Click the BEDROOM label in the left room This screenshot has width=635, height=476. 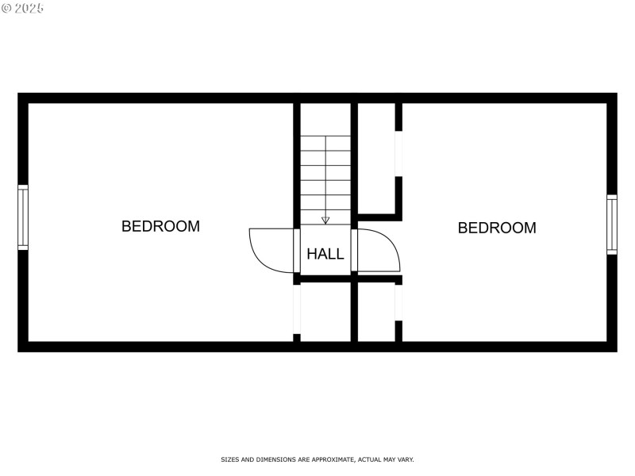tap(161, 226)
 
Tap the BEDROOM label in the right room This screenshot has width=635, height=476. tap(497, 228)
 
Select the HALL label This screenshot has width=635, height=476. tap(325, 254)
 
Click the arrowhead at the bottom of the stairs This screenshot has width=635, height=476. tap(325, 221)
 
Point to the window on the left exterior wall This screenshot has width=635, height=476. tap(23, 217)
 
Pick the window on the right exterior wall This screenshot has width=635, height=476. tap(611, 225)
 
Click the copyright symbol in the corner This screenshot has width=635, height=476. tap(6, 8)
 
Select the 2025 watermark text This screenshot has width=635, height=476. tap(29, 8)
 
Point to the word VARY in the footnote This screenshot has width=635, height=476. tap(406, 459)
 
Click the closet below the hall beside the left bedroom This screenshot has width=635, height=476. tap(325, 312)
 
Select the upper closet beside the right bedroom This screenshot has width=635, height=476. tap(376, 158)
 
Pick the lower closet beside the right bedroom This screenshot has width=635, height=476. tap(376, 313)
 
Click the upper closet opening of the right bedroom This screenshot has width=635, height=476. tap(398, 154)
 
